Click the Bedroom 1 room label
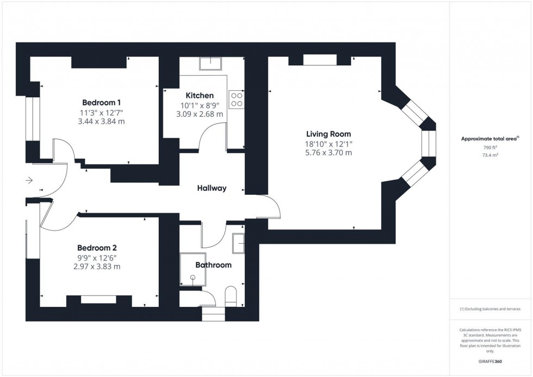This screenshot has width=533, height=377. tap(101, 102)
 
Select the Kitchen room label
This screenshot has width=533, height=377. tap(200, 96)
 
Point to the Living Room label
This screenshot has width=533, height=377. tap(328, 134)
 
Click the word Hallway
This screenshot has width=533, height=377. tap(212, 188)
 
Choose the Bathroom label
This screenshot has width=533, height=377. tap(213, 265)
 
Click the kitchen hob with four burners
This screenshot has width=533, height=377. tap(237, 98)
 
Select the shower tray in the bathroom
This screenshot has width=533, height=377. tap(193, 269)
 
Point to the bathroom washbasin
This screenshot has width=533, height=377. tap(238, 243)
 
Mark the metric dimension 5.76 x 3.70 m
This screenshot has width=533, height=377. tap(328, 153)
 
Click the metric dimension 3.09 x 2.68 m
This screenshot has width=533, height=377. tap(200, 114)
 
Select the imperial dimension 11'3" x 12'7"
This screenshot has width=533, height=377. tap(101, 113)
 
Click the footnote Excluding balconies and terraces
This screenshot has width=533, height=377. tap(491, 309)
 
